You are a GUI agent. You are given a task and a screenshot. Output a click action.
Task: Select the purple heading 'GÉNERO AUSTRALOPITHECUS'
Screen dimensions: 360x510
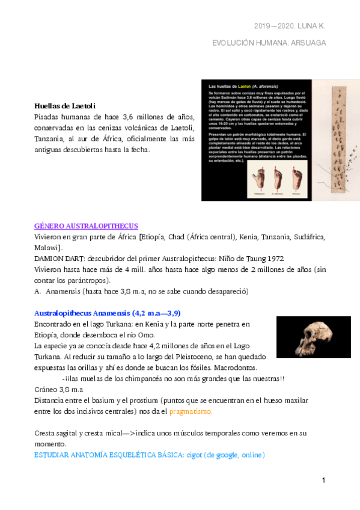point(86,226)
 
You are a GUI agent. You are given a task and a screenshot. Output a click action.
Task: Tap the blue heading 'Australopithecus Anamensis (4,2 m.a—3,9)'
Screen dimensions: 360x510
point(108,313)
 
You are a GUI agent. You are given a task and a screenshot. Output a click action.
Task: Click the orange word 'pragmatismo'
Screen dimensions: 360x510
point(191,411)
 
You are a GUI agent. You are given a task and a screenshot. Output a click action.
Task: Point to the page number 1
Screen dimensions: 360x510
point(323,480)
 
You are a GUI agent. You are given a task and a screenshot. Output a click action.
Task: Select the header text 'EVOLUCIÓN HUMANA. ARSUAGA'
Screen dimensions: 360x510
point(269,43)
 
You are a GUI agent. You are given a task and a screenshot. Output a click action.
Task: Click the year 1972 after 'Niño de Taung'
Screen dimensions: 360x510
point(275,259)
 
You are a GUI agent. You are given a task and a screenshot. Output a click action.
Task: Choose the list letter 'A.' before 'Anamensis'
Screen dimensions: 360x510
point(38,291)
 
